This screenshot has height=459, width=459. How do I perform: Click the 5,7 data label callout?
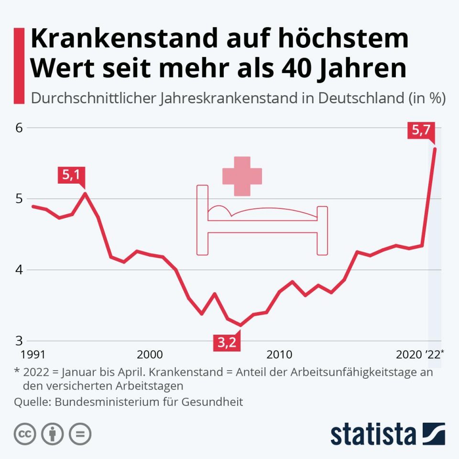(x=421, y=130)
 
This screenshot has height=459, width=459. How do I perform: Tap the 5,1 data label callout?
(x=71, y=175)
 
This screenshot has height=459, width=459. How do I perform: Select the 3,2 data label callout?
(x=227, y=342)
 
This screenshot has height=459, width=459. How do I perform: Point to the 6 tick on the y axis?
(x=19, y=128)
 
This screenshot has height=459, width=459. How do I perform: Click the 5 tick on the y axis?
(x=19, y=198)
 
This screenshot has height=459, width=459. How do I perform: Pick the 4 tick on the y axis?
(x=19, y=270)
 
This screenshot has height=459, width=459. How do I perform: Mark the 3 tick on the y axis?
(x=19, y=340)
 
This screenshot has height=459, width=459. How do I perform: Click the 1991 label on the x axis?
(x=32, y=354)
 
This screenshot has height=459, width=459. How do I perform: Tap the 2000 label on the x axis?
(x=150, y=354)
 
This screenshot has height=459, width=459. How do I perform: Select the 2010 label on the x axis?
(x=279, y=354)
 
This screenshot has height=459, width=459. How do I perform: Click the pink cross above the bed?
(x=242, y=176)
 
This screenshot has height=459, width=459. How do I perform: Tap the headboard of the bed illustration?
(x=203, y=220)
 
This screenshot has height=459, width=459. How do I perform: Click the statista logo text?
(x=373, y=434)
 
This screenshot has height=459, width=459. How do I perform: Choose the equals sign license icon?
(x=80, y=434)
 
